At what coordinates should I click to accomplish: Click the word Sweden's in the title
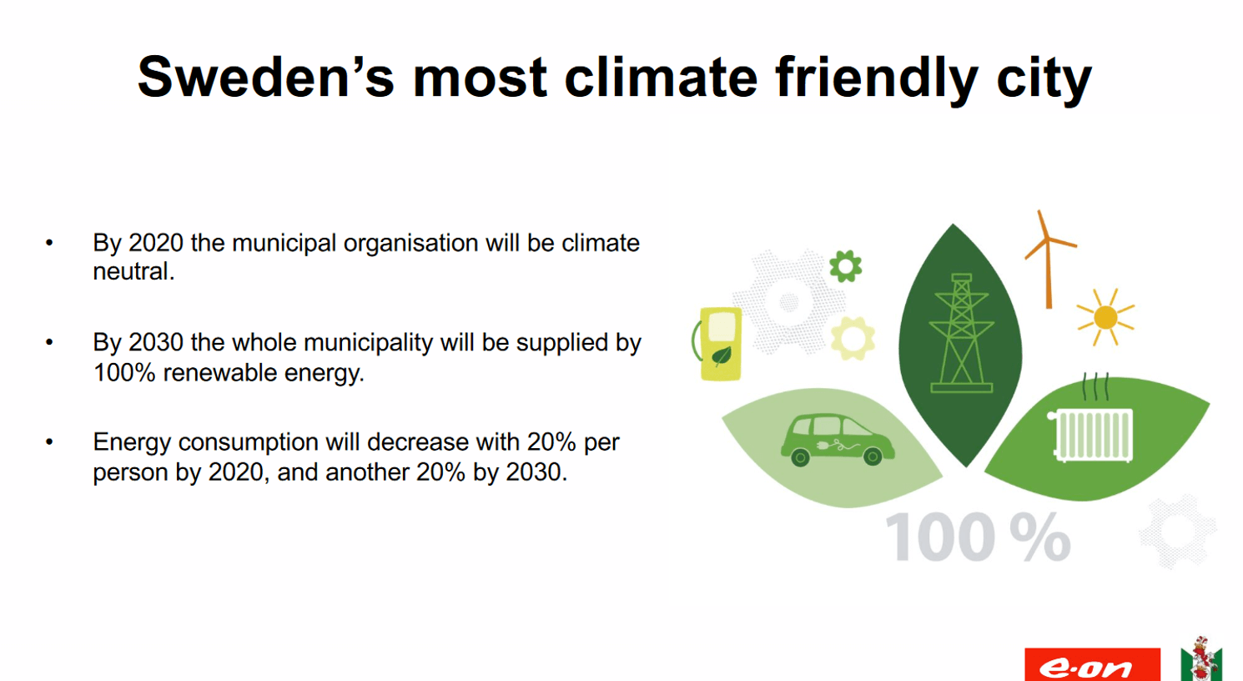tap(266, 77)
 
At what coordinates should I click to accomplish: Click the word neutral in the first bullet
tap(133, 271)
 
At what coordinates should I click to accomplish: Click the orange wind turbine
tap(1048, 260)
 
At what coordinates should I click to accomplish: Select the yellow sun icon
tap(1105, 317)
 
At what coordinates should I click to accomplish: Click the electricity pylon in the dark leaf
tap(961, 333)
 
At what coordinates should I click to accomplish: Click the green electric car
tap(838, 440)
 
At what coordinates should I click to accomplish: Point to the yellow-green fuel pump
tap(717, 344)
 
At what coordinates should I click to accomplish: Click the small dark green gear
tap(846, 266)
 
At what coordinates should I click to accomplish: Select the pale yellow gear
tap(853, 338)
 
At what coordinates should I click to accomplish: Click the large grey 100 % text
tap(978, 537)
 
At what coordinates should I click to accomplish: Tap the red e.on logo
tap(1092, 664)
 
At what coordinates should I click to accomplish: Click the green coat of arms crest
tap(1200, 658)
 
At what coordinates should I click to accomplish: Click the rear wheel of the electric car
tap(800, 458)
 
